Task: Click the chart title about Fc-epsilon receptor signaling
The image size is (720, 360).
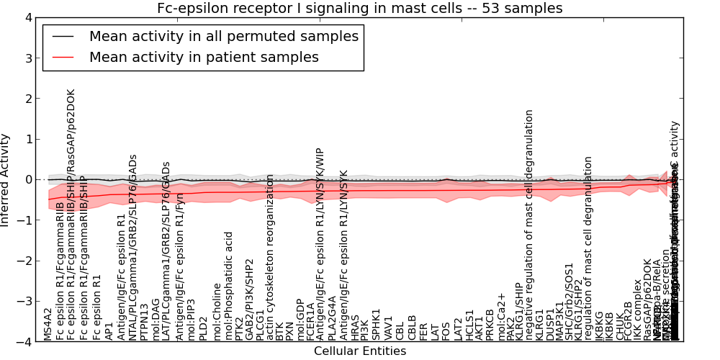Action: [360, 9]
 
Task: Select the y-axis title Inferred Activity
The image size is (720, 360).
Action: [6, 179]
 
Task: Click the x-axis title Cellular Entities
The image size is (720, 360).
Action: [360, 351]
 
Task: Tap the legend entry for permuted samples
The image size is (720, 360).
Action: [223, 36]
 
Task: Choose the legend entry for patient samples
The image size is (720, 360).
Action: [204, 57]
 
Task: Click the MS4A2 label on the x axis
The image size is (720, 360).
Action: [48, 324]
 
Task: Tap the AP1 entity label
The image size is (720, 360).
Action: [109, 330]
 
